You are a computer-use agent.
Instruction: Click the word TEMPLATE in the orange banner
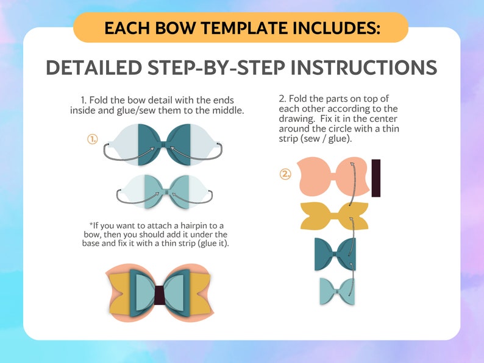[238, 28]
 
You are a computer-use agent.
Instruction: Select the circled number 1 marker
[93, 139]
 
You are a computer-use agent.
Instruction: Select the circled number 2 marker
[286, 174]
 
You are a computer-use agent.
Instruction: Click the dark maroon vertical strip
[375, 178]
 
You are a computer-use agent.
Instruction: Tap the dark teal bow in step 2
[335, 253]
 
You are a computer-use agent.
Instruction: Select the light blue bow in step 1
[163, 192]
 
